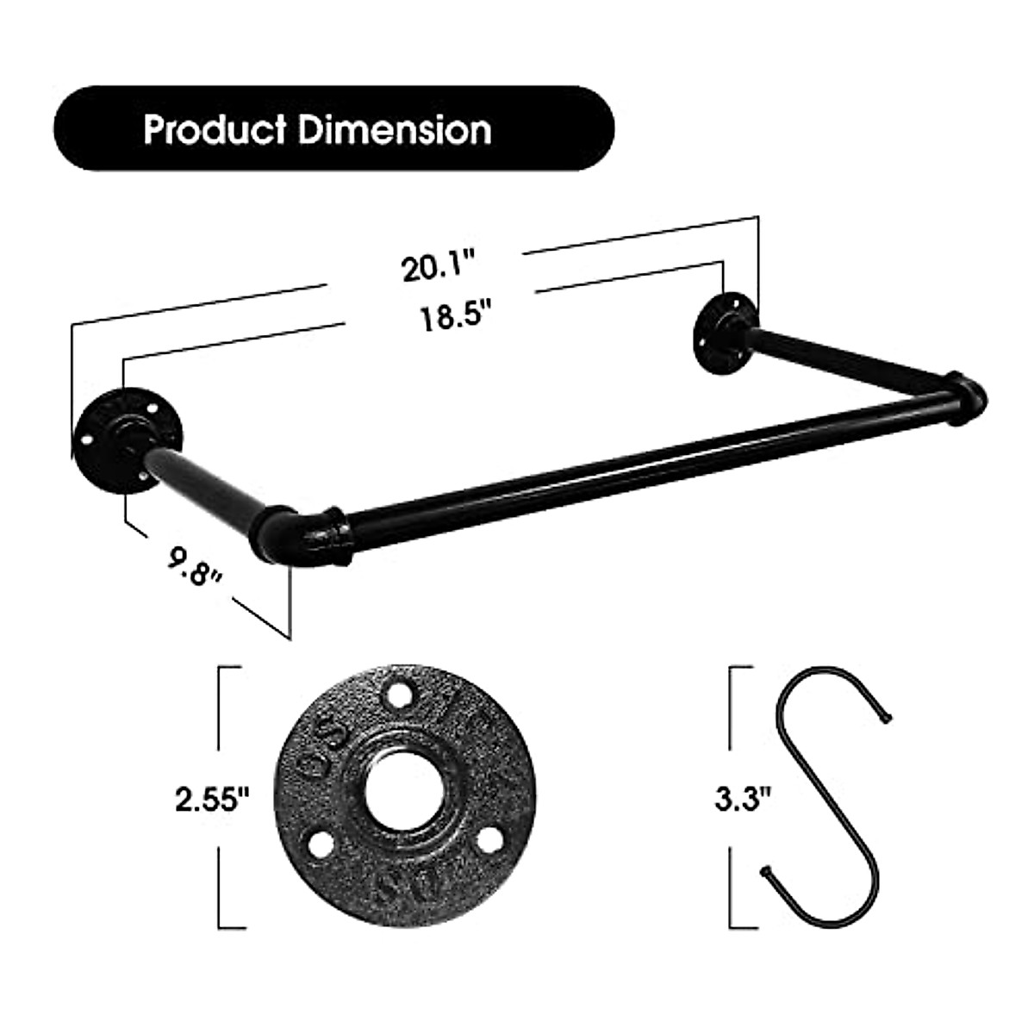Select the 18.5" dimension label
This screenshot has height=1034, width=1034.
[x=448, y=318]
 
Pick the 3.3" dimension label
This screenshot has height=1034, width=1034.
[x=742, y=800]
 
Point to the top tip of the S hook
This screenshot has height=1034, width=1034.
[x=888, y=716]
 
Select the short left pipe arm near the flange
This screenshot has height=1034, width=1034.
[x=207, y=487]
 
